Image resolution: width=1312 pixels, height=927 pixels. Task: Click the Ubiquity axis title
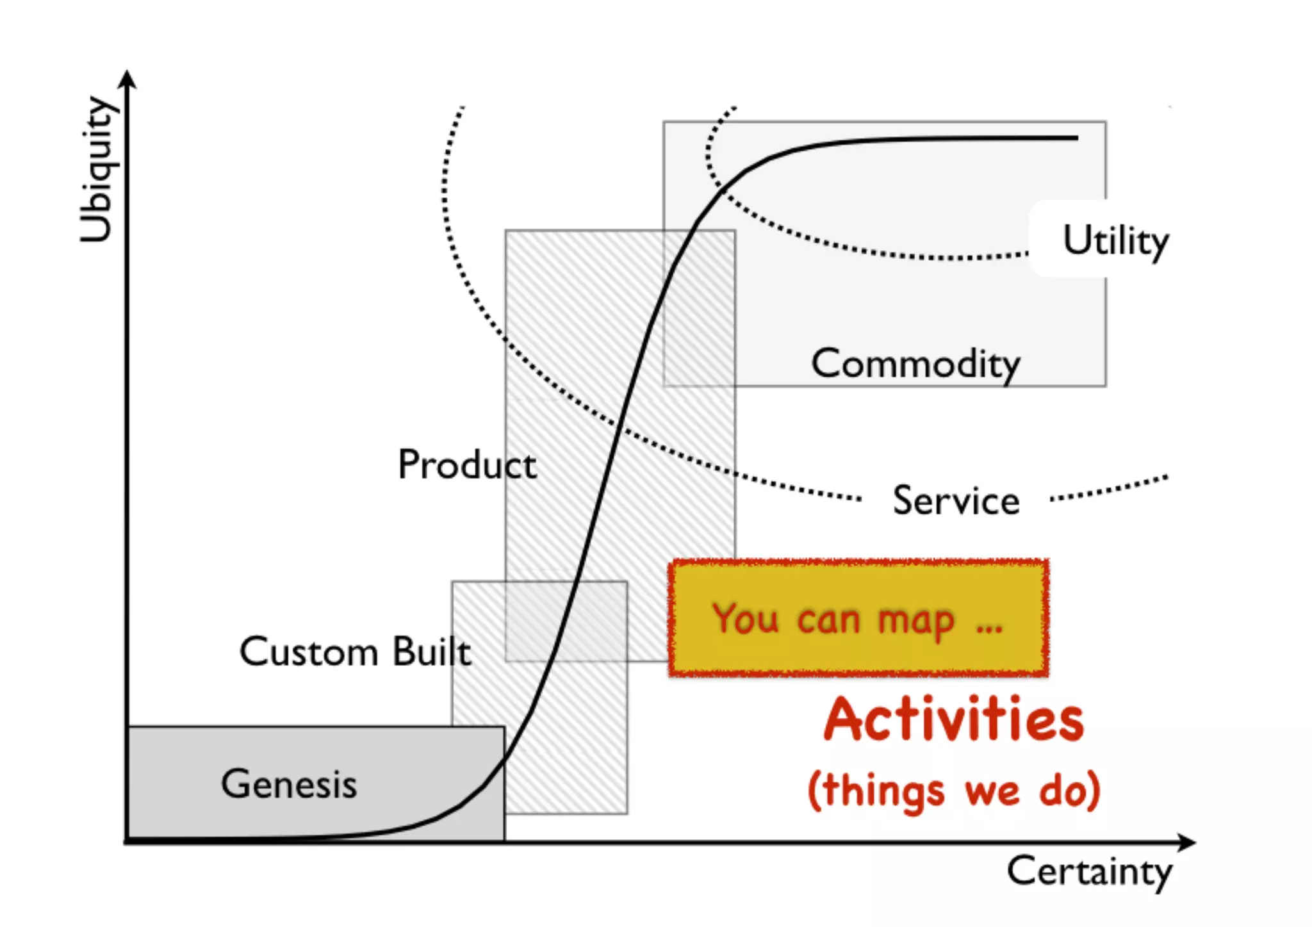click(x=97, y=170)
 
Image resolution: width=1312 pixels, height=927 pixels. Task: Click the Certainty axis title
click(x=1089, y=871)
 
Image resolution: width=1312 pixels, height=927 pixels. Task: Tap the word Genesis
click(x=289, y=783)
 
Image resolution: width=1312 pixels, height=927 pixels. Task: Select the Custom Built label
click(x=356, y=652)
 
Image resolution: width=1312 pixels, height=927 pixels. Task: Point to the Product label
click(x=467, y=464)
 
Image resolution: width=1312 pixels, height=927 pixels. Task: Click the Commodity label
click(x=915, y=364)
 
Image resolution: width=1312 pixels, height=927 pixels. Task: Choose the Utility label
click(x=1115, y=241)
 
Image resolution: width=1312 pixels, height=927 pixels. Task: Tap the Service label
click(x=956, y=500)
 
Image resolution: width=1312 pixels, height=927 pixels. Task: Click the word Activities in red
click(x=954, y=720)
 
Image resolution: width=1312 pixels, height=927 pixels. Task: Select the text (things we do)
click(x=954, y=791)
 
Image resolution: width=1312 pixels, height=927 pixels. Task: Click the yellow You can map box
click(x=858, y=618)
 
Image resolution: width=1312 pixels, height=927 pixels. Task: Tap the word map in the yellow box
click(x=916, y=621)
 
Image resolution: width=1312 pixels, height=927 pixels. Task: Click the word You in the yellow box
click(x=746, y=619)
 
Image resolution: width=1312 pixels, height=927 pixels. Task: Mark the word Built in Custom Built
click(x=432, y=652)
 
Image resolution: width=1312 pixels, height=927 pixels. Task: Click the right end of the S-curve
click(x=1076, y=138)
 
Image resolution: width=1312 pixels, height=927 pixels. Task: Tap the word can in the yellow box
click(x=828, y=620)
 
